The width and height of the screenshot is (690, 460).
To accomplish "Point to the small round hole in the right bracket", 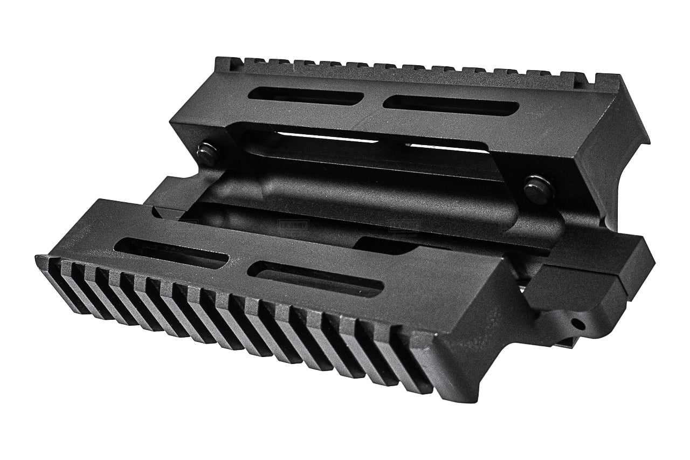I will (579, 325).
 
